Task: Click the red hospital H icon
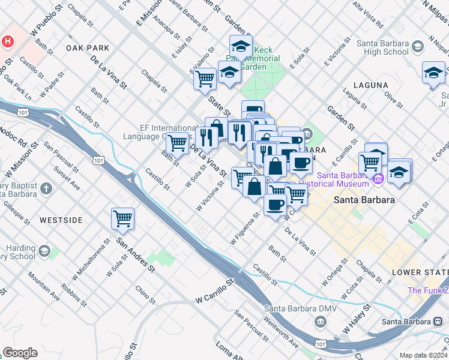[x=8, y=42]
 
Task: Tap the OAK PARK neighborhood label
[x=88, y=48]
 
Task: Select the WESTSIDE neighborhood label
[x=61, y=220]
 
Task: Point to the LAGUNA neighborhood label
[x=371, y=85]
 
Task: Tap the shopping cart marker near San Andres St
[x=123, y=218]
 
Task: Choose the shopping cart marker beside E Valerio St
[x=205, y=78]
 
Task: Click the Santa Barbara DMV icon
[x=321, y=322]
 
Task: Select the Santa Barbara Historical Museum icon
[x=378, y=179]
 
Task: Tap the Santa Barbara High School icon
[x=417, y=46]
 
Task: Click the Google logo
[x=20, y=353]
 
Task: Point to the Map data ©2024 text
[x=423, y=355]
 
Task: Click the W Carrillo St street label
[x=214, y=292]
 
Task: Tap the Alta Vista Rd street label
[x=367, y=16]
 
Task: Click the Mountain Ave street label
[x=43, y=287]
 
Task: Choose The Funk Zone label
[x=427, y=290]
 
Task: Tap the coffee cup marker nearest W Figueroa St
[x=275, y=205]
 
